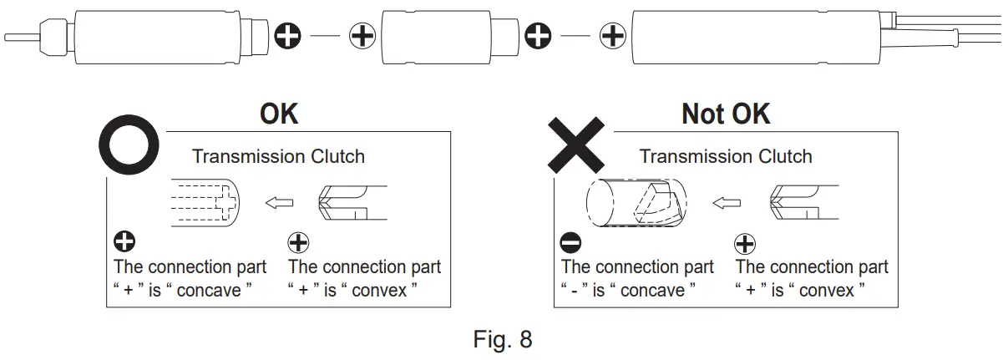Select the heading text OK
pos(279,114)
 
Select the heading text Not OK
pos(726,114)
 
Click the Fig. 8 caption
pos(502,341)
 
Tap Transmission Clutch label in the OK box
pos(278,156)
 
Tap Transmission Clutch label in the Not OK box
pos(725,156)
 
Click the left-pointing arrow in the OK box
pos(278,202)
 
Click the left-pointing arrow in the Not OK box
pos(727,202)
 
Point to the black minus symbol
pos(571,244)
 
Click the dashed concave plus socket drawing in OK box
pos(205,202)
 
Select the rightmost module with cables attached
pos(760,37)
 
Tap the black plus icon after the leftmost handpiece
pos(288,36)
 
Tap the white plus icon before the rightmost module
pos(614,36)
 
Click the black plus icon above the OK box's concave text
pos(124,244)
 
